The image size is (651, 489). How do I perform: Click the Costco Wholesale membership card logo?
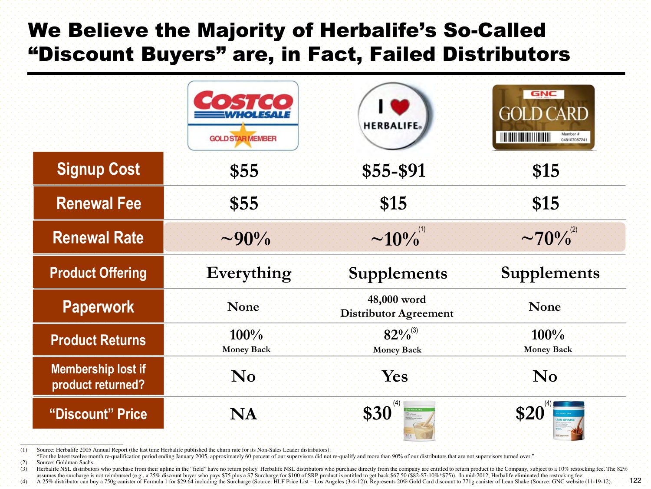243,116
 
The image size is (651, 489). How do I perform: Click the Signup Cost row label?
99,169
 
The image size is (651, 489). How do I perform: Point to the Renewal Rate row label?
99,238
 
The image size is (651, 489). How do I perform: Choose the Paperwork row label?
99,306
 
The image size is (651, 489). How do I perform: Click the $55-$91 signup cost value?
394,171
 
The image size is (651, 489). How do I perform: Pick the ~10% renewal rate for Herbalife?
395,239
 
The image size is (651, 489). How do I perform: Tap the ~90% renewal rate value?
245,239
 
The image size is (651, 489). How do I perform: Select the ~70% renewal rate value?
546,239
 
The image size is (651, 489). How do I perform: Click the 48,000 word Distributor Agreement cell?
397,306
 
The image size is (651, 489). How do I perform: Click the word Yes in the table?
395,376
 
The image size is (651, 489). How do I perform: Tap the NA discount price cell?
243,414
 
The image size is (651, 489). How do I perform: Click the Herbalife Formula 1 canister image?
419,421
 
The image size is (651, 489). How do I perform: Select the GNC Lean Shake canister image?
569,420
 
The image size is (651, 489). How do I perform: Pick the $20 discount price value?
529,413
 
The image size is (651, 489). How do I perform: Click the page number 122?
635,480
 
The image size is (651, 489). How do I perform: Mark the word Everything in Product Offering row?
249,273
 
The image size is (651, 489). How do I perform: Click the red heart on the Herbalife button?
400,106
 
